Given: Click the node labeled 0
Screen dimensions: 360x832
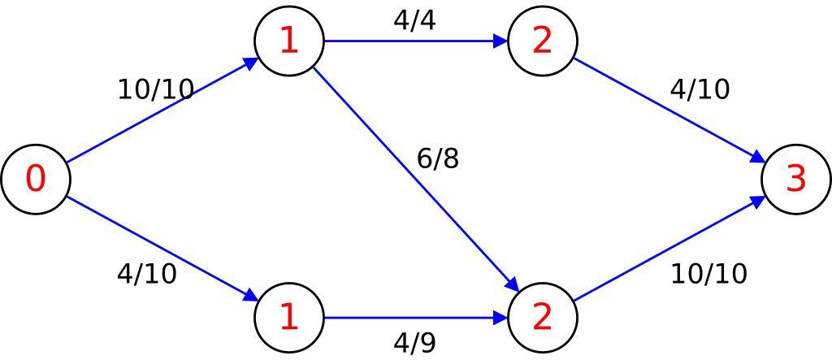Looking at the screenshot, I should click(x=35, y=179).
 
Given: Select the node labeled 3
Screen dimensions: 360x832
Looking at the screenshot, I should click(x=795, y=179).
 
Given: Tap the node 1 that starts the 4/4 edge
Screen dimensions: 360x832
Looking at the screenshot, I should click(x=288, y=41).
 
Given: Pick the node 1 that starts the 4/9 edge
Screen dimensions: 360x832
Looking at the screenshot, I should click(x=288, y=317).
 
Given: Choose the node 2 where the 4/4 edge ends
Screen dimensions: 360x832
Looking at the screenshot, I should click(x=542, y=41).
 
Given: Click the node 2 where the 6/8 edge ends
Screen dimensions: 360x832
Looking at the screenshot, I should click(x=542, y=317).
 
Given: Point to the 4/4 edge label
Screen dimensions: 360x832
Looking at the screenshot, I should click(x=414, y=20).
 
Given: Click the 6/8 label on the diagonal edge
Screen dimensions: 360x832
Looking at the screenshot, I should click(x=438, y=158).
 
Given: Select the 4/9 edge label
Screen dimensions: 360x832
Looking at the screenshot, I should click(x=414, y=343).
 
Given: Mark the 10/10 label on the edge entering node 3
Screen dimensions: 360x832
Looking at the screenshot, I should click(x=708, y=274).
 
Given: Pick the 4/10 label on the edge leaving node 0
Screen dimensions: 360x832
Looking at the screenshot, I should click(x=147, y=274).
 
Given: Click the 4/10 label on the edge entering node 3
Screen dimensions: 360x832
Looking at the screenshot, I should click(x=700, y=89).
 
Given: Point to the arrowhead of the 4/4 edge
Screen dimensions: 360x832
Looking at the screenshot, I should click(x=500, y=41).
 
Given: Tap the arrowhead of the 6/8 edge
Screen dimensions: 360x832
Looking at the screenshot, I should click(x=513, y=285).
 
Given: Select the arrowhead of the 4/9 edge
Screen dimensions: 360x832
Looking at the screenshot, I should click(x=500, y=317).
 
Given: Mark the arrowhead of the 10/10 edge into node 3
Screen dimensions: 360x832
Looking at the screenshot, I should click(x=758, y=199).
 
